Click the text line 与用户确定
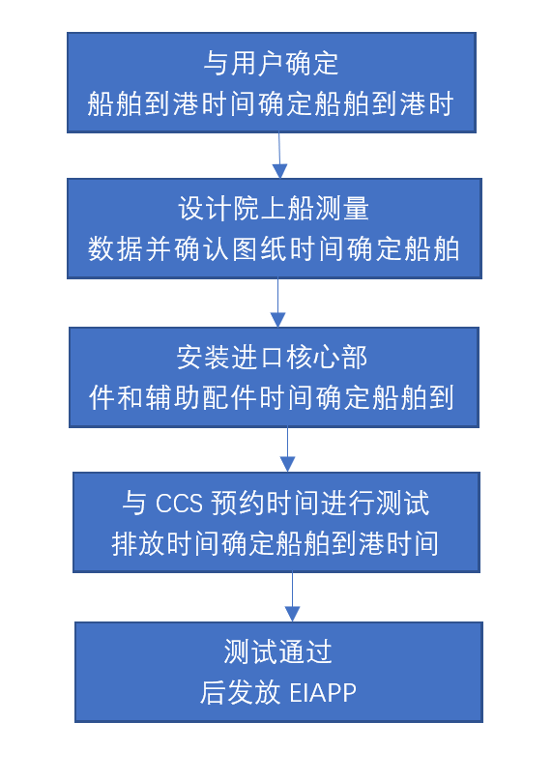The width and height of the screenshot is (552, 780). click(272, 64)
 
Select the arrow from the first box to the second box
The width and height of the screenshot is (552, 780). click(279, 156)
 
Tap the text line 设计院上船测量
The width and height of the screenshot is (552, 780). click(274, 209)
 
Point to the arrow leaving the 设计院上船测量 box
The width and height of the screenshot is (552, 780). click(277, 303)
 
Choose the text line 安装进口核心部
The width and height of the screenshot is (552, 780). click(272, 358)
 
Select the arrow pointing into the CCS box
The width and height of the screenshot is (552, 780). click(287, 449)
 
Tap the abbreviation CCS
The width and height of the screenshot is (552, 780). click(179, 503)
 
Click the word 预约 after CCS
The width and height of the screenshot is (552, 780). click(238, 503)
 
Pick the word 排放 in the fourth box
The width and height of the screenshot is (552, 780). click(137, 543)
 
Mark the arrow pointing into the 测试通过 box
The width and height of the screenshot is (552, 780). click(292, 597)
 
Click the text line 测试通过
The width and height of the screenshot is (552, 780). click(277, 651)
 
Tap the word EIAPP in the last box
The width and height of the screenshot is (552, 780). click(323, 693)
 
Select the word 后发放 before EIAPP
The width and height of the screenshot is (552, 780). click(241, 692)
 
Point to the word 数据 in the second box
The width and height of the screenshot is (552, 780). click(115, 248)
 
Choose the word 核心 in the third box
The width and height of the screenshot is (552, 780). click(313, 358)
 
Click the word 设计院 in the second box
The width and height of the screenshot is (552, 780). click(218, 209)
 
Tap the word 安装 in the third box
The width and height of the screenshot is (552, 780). click(203, 358)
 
